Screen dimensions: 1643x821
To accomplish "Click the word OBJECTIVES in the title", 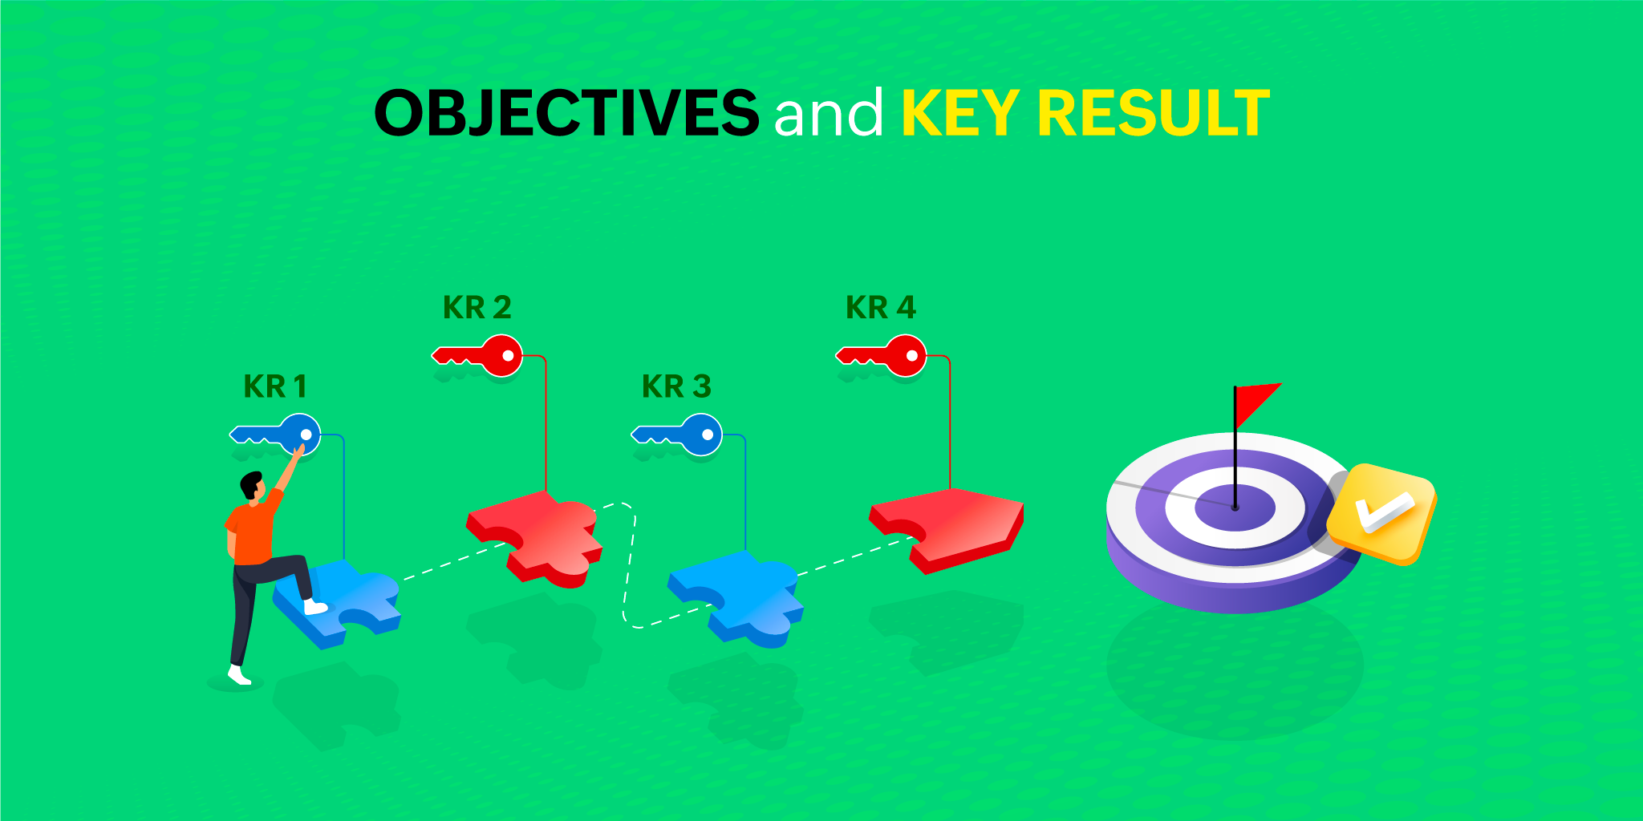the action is click(x=566, y=112).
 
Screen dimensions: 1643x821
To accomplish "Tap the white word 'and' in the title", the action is click(x=829, y=112).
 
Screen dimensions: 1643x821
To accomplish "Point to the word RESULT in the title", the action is click(x=1154, y=112).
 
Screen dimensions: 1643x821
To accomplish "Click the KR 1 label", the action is click(x=275, y=386).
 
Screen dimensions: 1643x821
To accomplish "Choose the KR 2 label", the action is click(x=477, y=307).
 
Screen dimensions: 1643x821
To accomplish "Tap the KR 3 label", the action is click(x=676, y=386).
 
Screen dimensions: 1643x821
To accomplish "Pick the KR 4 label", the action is click(x=881, y=307).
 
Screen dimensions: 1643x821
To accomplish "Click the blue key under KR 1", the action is click(x=276, y=435).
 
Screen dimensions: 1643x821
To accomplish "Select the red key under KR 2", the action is click(x=478, y=355).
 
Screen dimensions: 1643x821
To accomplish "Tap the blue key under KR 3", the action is click(x=677, y=435).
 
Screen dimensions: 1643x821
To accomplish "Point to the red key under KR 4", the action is click(x=882, y=355).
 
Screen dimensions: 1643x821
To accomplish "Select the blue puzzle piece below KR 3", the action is click(x=736, y=597).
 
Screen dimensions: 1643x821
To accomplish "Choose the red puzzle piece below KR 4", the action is click(x=947, y=529).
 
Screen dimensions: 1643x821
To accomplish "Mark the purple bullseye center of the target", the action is click(x=1235, y=508).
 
